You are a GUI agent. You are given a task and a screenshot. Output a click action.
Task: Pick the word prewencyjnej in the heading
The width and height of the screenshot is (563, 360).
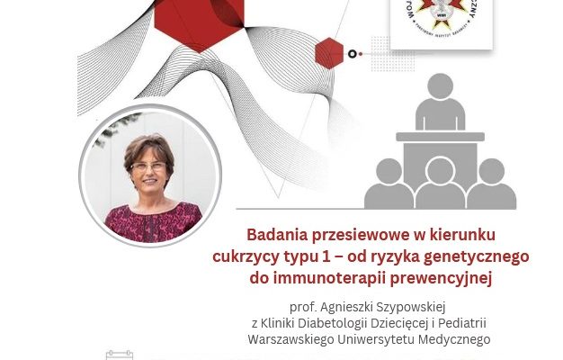pyautogui.click(x=443, y=278)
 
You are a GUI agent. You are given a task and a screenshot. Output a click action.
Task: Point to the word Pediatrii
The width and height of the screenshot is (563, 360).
pyautogui.click(x=459, y=323)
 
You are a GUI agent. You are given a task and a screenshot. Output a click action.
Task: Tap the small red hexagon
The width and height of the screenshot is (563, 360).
pyautogui.click(x=329, y=54)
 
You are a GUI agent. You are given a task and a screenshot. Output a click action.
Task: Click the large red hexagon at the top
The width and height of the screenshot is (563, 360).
pyautogui.click(x=212, y=16)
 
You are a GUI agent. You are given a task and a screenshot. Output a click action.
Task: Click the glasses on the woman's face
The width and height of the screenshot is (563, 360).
pyautogui.click(x=149, y=166)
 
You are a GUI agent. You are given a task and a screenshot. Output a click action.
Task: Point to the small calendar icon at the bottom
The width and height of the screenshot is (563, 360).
pyautogui.click(x=120, y=355)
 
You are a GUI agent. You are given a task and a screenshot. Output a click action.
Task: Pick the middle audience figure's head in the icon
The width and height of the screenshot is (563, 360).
pyautogui.click(x=440, y=171)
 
